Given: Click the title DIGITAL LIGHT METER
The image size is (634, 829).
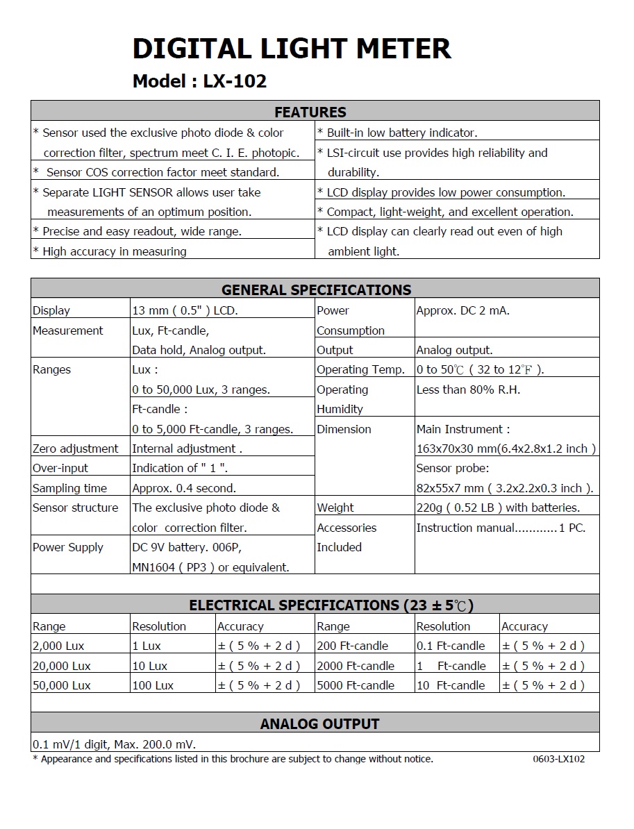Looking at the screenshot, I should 292,49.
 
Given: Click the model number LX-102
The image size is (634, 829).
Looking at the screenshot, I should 235,81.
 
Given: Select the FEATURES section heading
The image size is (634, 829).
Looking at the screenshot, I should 310,112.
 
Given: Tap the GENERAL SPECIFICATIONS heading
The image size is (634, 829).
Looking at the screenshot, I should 316,290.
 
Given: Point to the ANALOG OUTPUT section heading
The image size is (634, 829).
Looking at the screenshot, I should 319,724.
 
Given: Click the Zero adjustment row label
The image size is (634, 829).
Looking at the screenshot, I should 75,449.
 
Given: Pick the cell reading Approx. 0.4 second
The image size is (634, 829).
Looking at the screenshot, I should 184,488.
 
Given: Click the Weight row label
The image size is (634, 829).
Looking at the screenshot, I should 335,508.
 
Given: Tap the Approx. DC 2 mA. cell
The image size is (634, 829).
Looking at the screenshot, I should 462,310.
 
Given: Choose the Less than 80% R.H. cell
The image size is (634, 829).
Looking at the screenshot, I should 468,390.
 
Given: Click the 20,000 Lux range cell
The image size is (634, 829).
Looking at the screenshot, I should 62,666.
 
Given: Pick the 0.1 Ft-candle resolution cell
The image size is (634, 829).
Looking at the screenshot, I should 451,646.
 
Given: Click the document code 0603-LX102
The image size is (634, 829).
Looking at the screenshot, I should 558,759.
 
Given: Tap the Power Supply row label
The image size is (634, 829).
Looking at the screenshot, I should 67,547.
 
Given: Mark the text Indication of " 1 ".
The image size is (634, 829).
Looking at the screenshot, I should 180,468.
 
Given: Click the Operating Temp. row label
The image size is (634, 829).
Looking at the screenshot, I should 360,369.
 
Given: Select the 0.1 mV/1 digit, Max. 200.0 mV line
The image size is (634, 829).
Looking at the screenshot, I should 114,744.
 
